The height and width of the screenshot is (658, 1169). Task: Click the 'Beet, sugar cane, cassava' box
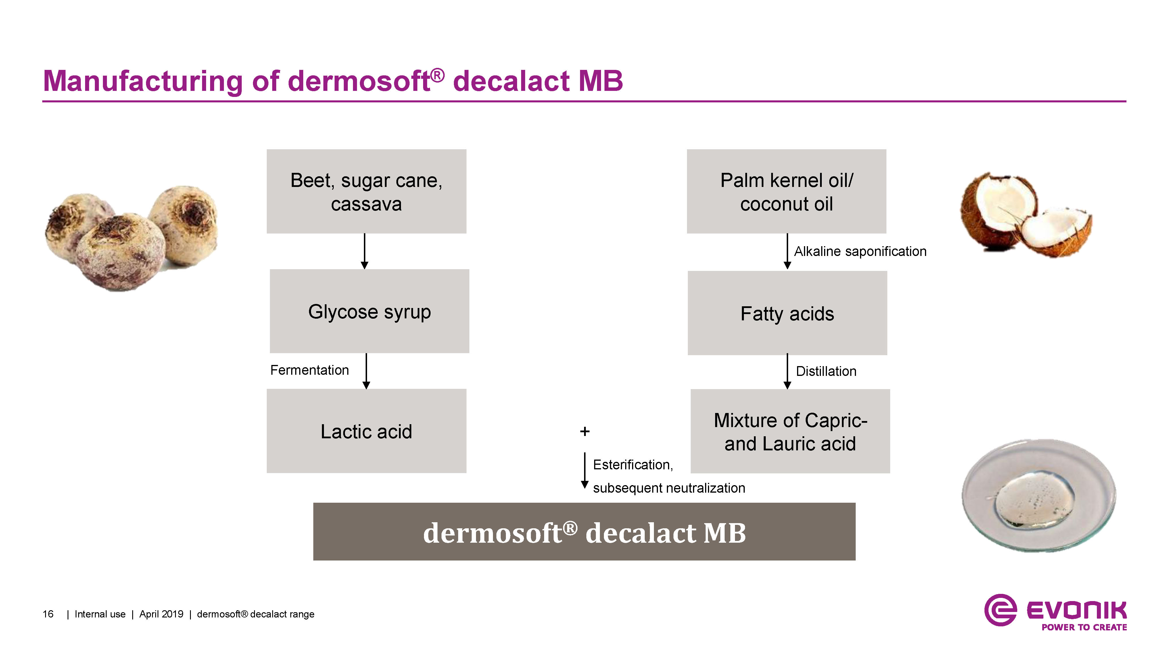click(366, 191)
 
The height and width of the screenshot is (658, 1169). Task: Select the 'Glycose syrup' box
click(369, 311)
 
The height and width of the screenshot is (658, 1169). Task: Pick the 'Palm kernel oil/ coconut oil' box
click(786, 191)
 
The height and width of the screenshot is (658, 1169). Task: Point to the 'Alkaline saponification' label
click(860, 251)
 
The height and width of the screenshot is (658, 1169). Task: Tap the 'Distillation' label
click(826, 371)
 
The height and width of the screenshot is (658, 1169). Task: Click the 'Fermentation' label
click(310, 370)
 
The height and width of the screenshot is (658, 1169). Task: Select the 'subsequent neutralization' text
click(669, 488)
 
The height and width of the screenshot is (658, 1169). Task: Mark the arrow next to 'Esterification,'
click(585, 470)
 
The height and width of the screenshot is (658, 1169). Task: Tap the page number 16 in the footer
click(48, 614)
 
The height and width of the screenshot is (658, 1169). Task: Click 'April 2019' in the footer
click(161, 614)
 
